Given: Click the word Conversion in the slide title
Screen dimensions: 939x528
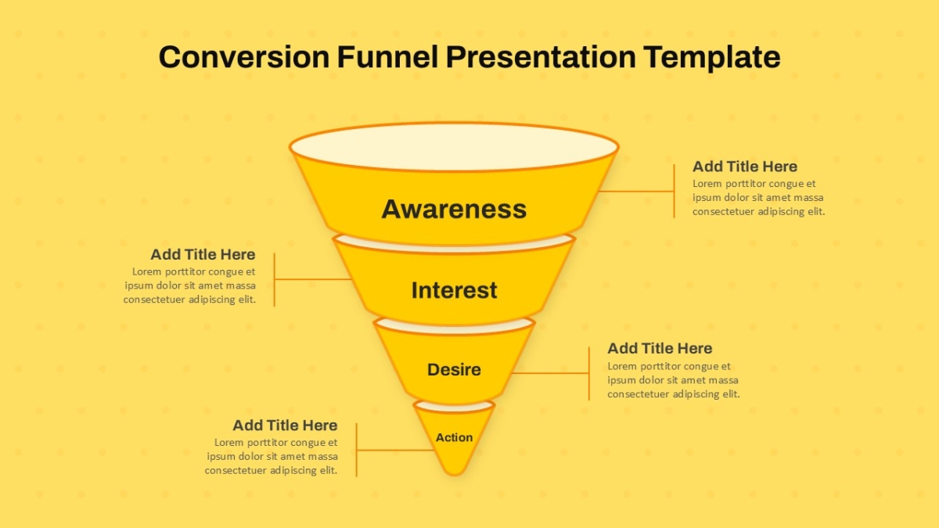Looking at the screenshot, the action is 244,57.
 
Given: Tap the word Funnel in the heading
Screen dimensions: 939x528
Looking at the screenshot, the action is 387,56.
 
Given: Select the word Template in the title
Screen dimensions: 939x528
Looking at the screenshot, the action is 712,57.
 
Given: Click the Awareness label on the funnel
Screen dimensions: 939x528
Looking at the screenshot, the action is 454,209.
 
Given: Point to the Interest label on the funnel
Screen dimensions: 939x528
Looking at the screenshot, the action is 454,290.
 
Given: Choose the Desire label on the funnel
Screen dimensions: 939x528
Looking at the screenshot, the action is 454,369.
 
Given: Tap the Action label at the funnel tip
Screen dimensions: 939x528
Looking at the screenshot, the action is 454,437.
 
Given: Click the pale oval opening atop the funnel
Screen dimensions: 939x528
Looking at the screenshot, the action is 454,147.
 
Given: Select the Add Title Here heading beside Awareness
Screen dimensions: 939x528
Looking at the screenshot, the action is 744,167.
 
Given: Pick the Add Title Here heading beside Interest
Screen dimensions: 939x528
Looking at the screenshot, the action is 203,254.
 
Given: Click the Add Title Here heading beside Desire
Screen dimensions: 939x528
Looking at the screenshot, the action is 660,348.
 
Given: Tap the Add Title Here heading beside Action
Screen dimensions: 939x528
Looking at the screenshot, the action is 285,426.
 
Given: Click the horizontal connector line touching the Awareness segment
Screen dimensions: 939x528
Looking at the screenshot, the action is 636,192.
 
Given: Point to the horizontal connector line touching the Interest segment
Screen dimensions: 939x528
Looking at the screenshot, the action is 313,279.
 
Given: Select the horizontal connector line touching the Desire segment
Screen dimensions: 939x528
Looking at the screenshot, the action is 550,373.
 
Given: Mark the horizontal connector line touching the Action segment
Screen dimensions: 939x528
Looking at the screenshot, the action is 395,451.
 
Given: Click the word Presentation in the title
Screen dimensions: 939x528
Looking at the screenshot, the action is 541,57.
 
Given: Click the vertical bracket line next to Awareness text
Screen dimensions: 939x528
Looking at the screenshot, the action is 674,191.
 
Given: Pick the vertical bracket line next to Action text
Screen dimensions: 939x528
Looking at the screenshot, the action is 356,450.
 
